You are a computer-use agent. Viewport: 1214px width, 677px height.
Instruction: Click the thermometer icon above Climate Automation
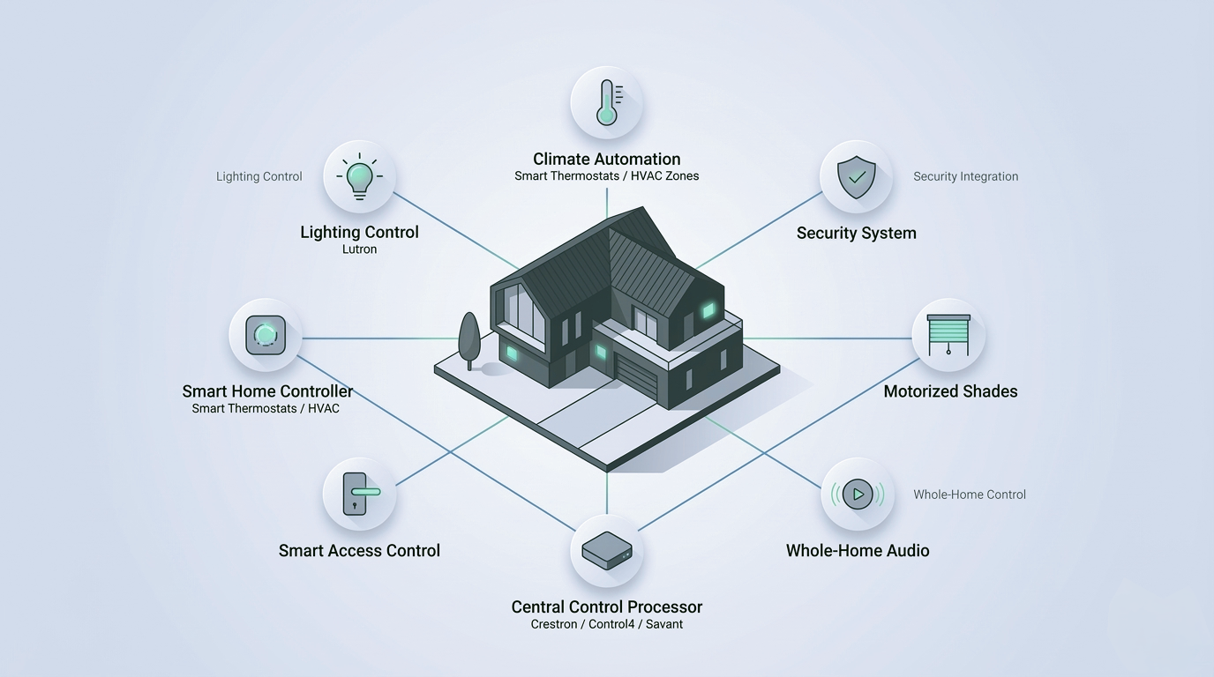coord(607,102)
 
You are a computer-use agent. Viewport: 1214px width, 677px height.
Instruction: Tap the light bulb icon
coord(359,176)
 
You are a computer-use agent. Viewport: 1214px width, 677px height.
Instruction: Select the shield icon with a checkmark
coord(857,177)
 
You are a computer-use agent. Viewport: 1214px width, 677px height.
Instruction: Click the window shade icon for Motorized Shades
coord(948,335)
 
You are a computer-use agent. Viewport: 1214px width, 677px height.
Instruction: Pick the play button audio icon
coord(858,494)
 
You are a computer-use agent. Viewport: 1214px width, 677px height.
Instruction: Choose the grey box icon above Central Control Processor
coord(607,550)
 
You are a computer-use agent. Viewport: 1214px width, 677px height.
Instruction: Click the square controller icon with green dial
coord(266,335)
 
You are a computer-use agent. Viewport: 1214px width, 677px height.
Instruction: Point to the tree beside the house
coord(469,341)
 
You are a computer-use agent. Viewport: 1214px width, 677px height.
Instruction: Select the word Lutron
coord(359,249)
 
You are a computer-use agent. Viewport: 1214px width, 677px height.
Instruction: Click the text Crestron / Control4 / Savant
coord(606,624)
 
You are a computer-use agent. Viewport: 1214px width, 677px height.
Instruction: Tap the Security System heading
coord(857,234)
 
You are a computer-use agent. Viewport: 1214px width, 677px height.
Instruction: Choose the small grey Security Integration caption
coord(966,176)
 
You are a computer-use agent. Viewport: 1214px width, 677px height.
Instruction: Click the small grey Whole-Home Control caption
coord(970,495)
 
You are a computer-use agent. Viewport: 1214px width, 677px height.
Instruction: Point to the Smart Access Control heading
coord(359,551)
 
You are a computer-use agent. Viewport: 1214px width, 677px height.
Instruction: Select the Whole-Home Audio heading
coord(858,551)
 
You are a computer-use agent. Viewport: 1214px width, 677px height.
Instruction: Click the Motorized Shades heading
coord(950,391)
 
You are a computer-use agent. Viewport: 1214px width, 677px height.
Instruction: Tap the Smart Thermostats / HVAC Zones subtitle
coord(606,176)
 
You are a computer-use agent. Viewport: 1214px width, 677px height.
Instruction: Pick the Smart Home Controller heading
coord(267,391)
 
